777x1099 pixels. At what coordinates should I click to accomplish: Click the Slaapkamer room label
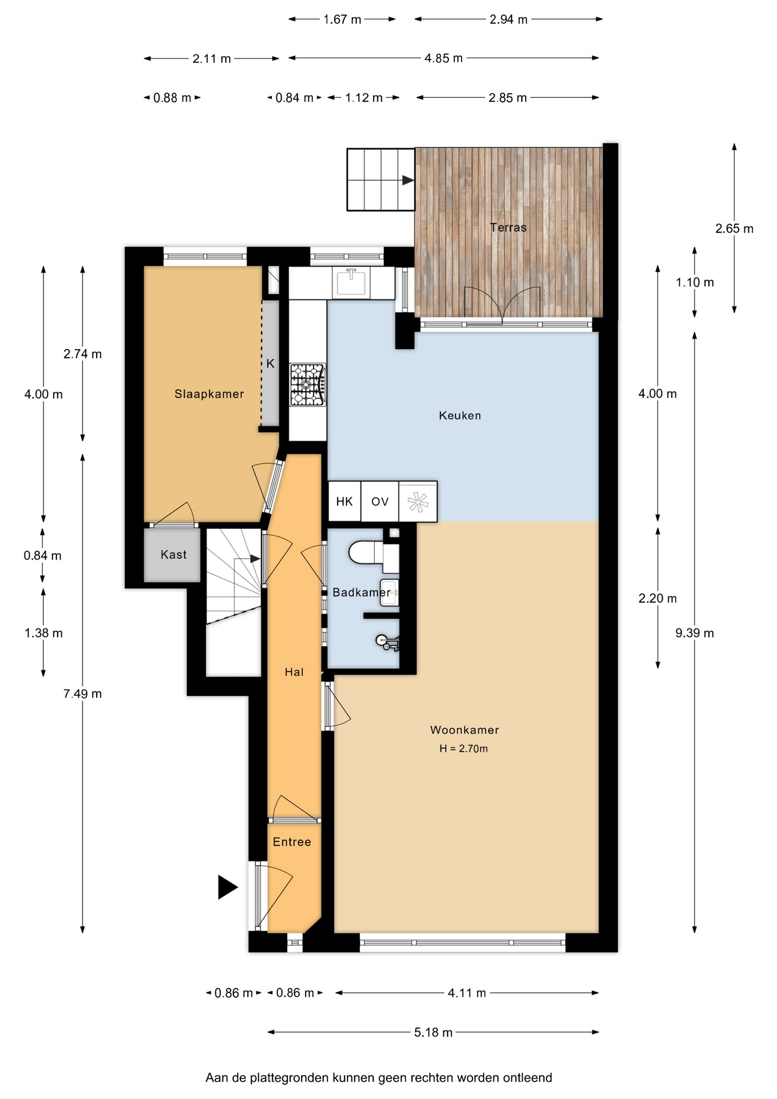tap(209, 394)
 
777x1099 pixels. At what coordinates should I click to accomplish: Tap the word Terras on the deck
tap(508, 227)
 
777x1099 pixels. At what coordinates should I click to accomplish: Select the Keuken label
tap(459, 416)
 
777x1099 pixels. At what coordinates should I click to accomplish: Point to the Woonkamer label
tap(464, 730)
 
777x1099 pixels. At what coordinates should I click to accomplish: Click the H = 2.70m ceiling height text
tap(463, 749)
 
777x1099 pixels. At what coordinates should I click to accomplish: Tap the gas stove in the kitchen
tap(308, 385)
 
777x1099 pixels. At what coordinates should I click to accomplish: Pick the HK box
tap(344, 501)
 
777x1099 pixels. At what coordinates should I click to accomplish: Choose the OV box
tap(380, 501)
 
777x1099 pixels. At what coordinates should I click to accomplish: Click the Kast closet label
tap(173, 555)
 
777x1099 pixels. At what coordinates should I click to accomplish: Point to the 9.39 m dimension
tap(695, 633)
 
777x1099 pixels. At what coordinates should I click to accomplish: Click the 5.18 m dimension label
tap(433, 1032)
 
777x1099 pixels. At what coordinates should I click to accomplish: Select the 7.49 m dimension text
tap(82, 694)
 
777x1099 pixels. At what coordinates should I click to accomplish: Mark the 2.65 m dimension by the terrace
tap(734, 229)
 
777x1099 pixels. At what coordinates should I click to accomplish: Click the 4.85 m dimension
tap(443, 58)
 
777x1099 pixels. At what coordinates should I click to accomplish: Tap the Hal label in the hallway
tap(294, 672)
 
